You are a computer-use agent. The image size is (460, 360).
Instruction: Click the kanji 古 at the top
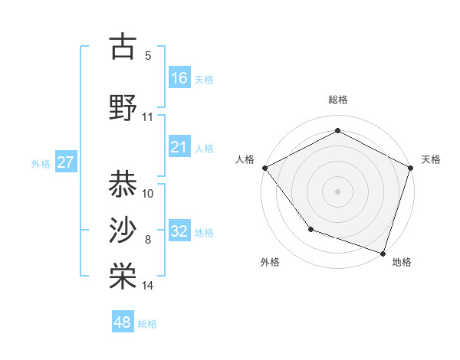point(123,47)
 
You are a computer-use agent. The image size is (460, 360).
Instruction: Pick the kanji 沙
point(123,230)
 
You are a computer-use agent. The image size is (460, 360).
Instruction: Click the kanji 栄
point(123,277)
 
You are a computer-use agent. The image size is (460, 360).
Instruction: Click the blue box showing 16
point(179,78)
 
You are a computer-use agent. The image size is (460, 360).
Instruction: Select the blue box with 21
point(179,147)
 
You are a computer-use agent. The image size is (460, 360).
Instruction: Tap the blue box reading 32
point(179,231)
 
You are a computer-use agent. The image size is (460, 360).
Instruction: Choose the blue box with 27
point(66,162)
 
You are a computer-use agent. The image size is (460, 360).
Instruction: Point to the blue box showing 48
point(123,322)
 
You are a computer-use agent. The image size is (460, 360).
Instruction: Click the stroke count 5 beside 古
point(148,56)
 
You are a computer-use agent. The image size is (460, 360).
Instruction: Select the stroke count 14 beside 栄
point(148,286)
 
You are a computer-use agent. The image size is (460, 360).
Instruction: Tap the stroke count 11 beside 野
point(148,117)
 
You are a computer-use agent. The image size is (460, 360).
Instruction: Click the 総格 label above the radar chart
point(337,100)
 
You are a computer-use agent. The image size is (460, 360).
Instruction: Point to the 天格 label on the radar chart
point(431,159)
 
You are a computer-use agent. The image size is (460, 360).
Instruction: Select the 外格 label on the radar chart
point(270,262)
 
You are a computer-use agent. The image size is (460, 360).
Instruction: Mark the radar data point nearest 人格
point(264,167)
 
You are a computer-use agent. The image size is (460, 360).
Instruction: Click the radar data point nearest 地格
point(383,253)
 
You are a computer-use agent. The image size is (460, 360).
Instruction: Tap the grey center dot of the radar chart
point(337,191)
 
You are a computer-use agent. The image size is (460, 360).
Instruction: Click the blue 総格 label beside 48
point(147,324)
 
